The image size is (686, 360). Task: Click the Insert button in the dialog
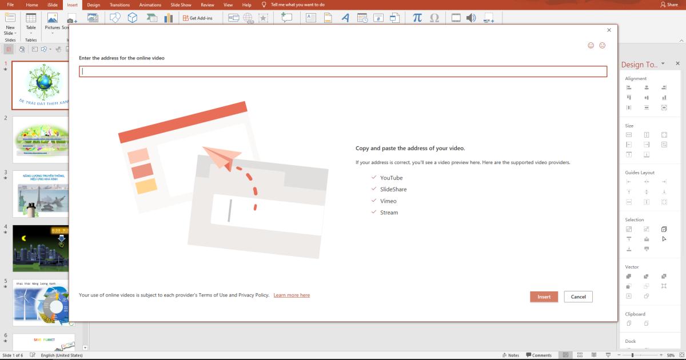pos(544,297)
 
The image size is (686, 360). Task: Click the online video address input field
pos(343,71)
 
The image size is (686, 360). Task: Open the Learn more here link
pos(292,295)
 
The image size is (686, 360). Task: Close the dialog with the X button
pos(609,30)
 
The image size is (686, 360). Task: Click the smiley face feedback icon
pos(591,46)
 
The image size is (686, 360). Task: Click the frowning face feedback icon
pos(603,46)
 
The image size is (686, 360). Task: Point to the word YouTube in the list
pos(391,178)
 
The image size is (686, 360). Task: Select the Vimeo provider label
pos(388,201)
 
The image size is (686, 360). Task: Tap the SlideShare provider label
pos(393,189)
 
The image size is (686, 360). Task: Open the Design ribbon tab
pos(93,5)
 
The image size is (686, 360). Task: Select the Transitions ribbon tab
pos(119,5)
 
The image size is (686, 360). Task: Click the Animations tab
pos(150,5)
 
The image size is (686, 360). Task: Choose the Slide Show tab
pos(181,5)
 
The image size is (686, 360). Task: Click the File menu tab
pos(10,5)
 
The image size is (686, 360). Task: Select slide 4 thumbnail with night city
pos(41,249)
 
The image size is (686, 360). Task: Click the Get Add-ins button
pos(198,18)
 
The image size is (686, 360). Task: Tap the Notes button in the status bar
pos(510,355)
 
